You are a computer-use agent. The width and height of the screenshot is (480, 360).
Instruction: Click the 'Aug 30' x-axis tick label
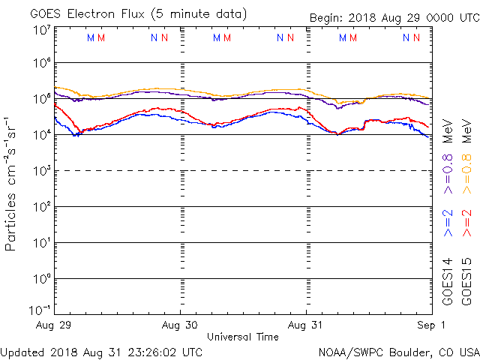point(180,325)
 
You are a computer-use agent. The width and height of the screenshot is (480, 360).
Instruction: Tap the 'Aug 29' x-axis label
point(55,325)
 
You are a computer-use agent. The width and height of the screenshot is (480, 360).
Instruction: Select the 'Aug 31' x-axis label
point(306,325)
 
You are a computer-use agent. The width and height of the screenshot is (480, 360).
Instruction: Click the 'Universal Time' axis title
point(243,337)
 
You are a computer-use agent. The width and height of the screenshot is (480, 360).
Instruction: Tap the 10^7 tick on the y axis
point(41,31)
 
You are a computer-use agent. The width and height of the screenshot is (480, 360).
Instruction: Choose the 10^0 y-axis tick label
point(41,279)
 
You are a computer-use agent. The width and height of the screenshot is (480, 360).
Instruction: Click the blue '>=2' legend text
point(448,223)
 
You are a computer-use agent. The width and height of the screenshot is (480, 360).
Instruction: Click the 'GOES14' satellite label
point(448,281)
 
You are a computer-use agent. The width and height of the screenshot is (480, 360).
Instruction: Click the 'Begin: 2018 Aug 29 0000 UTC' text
point(394,18)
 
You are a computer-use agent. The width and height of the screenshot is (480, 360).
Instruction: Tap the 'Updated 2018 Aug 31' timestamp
point(101,351)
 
